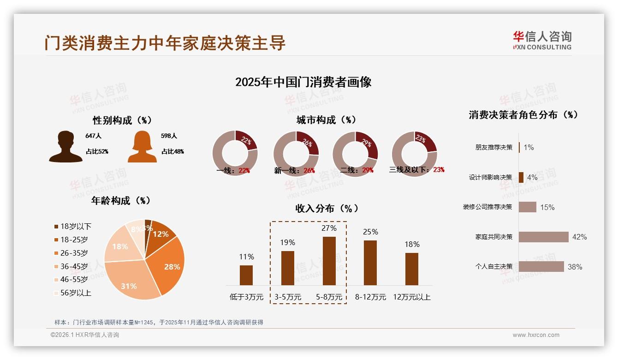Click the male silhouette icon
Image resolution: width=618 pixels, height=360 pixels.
tap(65, 147)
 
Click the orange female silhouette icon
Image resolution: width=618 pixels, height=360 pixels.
tap(142, 147)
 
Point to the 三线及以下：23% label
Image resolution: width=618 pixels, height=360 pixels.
tap(417, 170)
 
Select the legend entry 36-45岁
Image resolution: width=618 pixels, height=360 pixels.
tap(74, 266)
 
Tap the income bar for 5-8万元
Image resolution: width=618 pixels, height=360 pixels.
tap(329, 261)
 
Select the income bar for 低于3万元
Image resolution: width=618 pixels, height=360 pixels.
tap(246, 275)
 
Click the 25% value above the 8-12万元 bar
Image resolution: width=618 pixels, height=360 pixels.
tap(370, 232)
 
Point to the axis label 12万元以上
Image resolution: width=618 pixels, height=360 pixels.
tap(411, 297)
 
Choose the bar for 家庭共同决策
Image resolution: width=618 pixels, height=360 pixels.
tap(543, 237)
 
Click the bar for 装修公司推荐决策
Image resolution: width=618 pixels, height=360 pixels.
tap(527, 207)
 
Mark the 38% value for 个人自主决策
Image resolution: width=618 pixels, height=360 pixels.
tap(575, 267)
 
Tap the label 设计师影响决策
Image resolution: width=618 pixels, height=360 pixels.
tap(490, 177)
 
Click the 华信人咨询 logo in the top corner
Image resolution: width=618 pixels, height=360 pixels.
tap(542, 40)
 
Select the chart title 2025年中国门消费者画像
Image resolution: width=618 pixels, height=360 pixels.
tap(303, 82)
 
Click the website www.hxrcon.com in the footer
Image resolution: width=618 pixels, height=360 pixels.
tap(536, 335)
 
